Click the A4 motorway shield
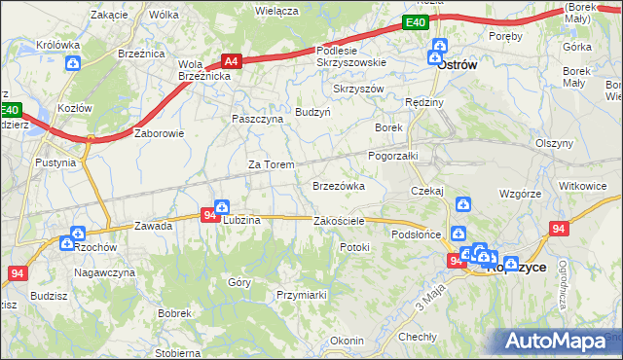[231, 59]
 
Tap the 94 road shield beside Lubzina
[209, 215]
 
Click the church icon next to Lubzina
[222, 207]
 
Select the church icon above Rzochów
[77, 234]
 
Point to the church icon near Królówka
[74, 64]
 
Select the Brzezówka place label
[338, 185]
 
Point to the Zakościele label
[339, 221]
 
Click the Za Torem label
[271, 164]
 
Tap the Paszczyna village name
[257, 118]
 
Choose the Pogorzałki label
[392, 156]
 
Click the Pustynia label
[55, 162]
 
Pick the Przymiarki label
[301, 293]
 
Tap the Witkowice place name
[582, 184]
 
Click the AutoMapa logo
[558, 342]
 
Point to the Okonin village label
[347, 341]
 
